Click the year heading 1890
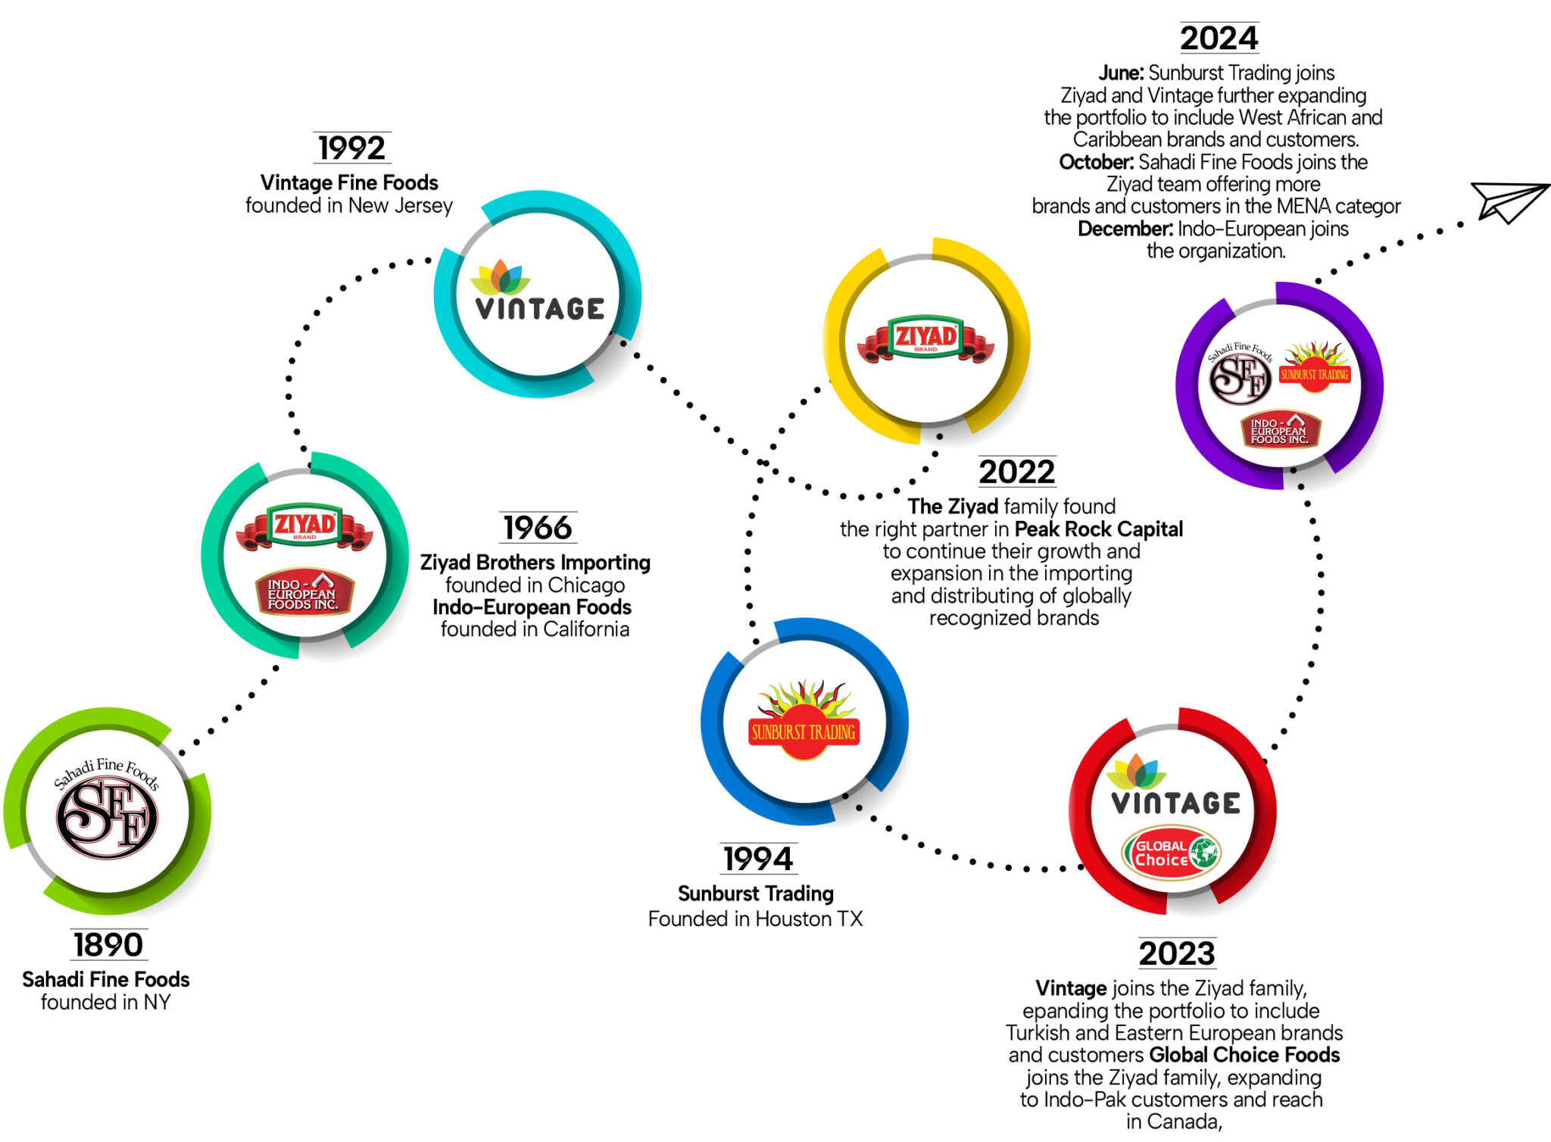point(108,945)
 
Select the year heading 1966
point(538,528)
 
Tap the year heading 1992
point(352,148)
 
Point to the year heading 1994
point(758,859)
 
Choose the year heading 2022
point(1016,472)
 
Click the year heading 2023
point(1177,953)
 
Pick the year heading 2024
point(1219,39)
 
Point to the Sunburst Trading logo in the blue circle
point(804,719)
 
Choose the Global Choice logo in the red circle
point(1172,853)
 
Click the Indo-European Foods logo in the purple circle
point(1280,430)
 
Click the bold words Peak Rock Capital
point(1098,529)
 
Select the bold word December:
point(1125,229)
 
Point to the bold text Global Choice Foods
point(1244,1055)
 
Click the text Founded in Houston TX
point(755,919)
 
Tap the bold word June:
point(1121,73)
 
